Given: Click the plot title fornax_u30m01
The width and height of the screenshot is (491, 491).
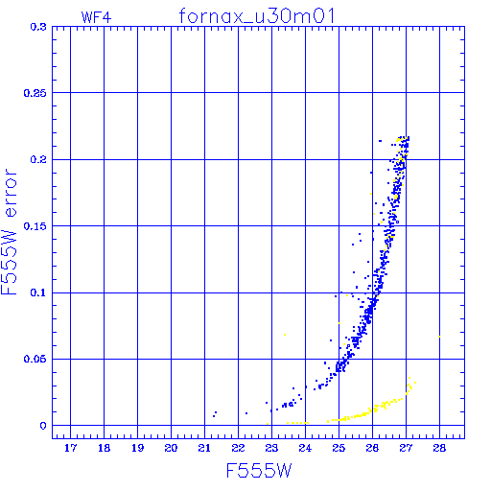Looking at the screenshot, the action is click(x=257, y=16).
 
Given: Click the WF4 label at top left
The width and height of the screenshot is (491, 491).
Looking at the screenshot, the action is click(x=96, y=17).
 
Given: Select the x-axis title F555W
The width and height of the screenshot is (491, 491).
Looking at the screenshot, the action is click(x=259, y=471).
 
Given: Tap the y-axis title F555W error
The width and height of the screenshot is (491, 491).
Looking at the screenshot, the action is click(x=9, y=232).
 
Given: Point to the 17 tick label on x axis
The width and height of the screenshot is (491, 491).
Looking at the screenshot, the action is click(x=70, y=448).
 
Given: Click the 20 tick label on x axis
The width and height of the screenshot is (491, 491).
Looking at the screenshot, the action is click(x=171, y=448).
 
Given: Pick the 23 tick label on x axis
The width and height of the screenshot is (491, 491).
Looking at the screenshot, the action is click(x=271, y=448).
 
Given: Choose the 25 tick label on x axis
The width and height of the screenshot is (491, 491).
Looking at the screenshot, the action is click(x=339, y=448).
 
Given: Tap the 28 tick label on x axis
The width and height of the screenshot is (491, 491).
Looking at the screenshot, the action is click(x=439, y=448).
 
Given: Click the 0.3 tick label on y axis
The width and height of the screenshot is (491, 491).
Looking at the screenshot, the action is click(x=38, y=27).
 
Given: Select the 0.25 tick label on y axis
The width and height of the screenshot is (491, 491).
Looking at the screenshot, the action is click(x=35, y=93).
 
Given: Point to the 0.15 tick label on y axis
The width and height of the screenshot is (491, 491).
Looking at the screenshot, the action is click(x=35, y=226).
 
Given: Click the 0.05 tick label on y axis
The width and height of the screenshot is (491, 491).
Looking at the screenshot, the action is click(x=35, y=359).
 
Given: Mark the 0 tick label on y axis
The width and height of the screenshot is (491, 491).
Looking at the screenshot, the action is click(x=43, y=426).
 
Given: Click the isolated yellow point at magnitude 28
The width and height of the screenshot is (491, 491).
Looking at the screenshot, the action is click(x=439, y=337).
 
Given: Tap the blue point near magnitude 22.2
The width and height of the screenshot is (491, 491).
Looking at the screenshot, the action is click(x=246, y=413).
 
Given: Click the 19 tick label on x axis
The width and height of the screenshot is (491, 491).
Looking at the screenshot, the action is click(x=137, y=448).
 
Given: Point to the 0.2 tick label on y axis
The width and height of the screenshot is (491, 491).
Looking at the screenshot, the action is click(x=38, y=159).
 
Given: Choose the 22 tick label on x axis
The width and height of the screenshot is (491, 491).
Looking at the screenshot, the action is click(x=238, y=448).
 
